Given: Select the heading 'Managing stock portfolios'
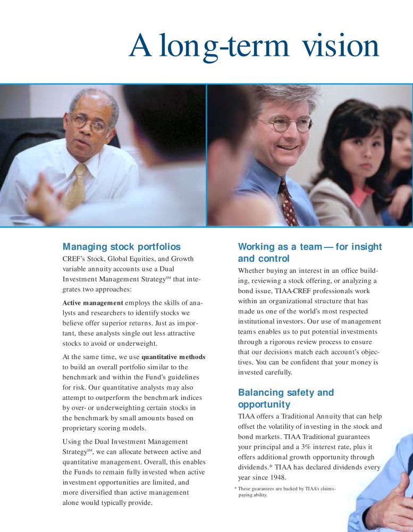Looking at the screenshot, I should tap(122, 247).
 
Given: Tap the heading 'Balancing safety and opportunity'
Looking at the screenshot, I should tap(286, 398).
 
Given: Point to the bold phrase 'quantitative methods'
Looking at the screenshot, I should tap(173, 356).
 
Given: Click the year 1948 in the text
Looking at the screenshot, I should tap(275, 477).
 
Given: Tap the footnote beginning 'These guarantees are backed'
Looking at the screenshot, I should tap(286, 492).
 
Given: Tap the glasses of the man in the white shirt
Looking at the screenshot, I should tap(89, 123).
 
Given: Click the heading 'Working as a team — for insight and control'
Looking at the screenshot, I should tap(310, 253).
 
